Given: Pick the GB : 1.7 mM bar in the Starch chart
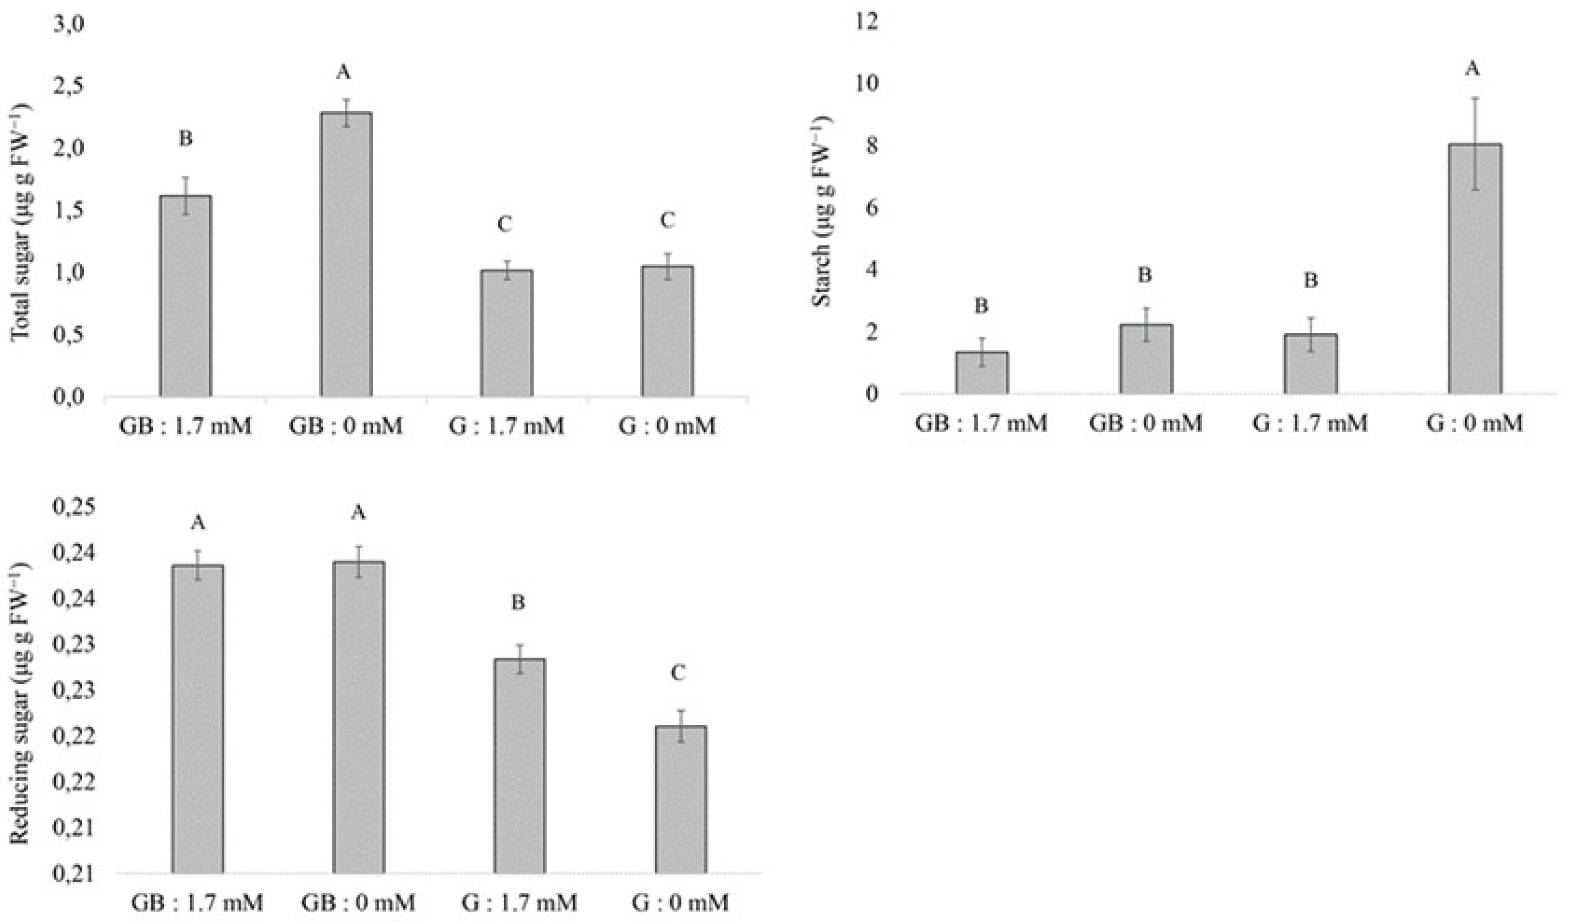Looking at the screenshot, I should click(x=982, y=373).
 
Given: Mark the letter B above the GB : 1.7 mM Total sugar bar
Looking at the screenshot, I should click(x=186, y=138).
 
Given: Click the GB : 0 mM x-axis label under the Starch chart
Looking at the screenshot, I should click(x=1145, y=424).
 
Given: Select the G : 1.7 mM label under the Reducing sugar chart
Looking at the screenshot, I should click(x=520, y=902).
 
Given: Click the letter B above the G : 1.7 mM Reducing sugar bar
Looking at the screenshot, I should click(x=518, y=603).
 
